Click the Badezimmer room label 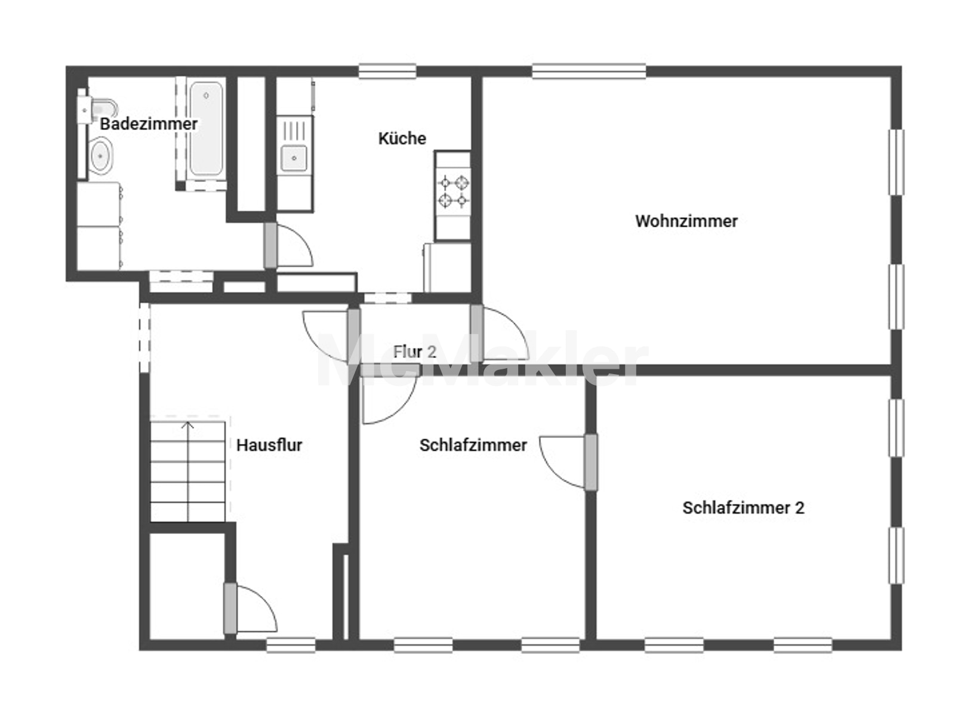pos(149,124)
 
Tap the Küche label pos(402,138)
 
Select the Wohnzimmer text pos(686,221)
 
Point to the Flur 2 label pos(414,352)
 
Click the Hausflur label pos(269,445)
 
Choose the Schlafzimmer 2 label pos(743,508)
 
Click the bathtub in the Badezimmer pos(206,128)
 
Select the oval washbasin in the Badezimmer pos(101,156)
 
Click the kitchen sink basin pos(294,158)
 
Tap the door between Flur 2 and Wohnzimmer pos(500,334)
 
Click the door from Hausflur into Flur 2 pos(331,336)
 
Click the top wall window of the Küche pos(387,71)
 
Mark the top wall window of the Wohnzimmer pos(589,71)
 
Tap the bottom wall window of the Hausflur pos(291,645)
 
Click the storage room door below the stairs pos(250,609)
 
